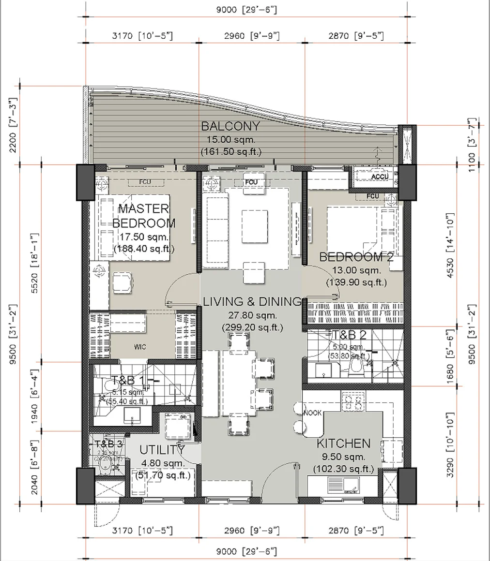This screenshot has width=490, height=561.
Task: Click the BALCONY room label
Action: click(230, 127)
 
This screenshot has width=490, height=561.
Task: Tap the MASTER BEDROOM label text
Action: click(144, 216)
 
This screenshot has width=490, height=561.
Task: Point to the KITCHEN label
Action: click(343, 443)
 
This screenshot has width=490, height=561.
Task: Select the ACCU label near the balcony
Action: click(380, 177)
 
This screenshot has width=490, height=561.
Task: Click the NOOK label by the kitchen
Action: click(312, 413)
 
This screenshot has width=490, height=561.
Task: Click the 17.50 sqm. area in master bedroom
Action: click(144, 237)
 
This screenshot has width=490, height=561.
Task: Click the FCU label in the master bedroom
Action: click(144, 182)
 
